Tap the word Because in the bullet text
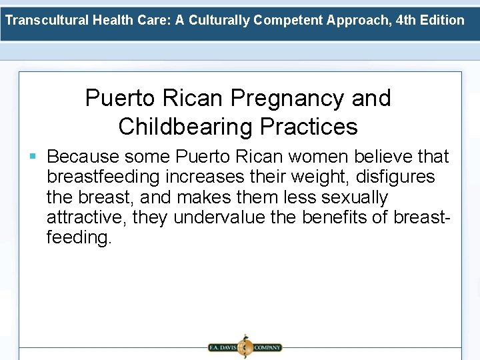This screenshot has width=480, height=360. pos(84,157)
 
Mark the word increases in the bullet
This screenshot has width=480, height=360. pos(207,177)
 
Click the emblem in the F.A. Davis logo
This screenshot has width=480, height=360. pos(245,347)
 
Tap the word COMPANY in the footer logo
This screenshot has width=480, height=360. pos(267,347)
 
